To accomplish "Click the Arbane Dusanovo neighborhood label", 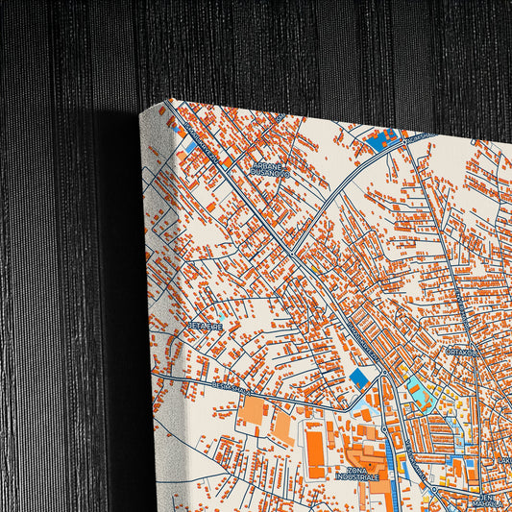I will pyautogui.click(x=269, y=169).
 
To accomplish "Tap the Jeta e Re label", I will pyautogui.click(x=205, y=327).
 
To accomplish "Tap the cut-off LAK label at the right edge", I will pyautogui.click(x=503, y=460).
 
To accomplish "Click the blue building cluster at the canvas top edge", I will pyautogui.click(x=381, y=141).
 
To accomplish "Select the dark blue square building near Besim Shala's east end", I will pyautogui.click(x=359, y=378).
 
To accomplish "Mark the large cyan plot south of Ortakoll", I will pyautogui.click(x=420, y=389).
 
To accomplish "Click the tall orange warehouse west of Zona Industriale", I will pyautogui.click(x=315, y=451).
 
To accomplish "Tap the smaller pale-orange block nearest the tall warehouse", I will pyautogui.click(x=283, y=424).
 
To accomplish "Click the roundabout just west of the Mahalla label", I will pyautogui.click(x=433, y=491).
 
